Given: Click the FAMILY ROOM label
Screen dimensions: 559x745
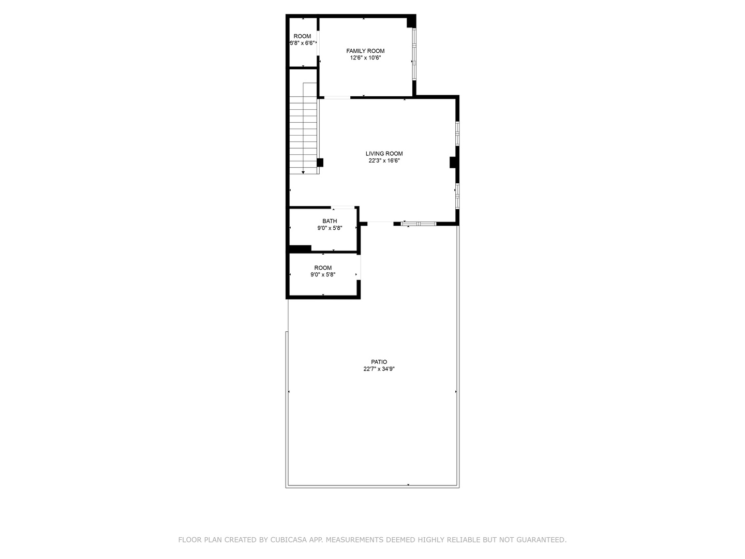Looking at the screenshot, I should (x=365, y=51).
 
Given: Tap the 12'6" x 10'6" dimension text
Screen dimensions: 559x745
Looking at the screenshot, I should (x=365, y=58).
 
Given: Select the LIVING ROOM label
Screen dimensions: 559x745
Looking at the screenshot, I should (x=384, y=154).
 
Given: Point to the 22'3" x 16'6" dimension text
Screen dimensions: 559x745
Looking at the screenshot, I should (x=384, y=161).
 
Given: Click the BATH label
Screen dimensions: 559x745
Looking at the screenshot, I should (x=330, y=221).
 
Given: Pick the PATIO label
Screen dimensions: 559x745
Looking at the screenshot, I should (x=379, y=362).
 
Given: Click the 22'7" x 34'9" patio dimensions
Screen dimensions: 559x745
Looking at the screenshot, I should (x=379, y=369).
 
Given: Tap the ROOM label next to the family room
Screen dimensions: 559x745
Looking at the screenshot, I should (x=302, y=36).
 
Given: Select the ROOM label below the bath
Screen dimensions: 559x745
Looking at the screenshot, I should (x=323, y=268).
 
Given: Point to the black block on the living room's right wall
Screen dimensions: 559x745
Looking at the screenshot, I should (x=453, y=163).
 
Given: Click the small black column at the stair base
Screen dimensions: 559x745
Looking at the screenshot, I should (x=320, y=163).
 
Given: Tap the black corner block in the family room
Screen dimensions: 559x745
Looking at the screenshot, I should (x=411, y=22).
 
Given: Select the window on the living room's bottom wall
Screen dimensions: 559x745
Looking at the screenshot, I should (x=419, y=224).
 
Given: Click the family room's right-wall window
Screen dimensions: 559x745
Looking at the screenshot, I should (x=414, y=54).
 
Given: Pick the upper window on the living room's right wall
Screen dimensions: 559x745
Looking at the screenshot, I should (x=457, y=134).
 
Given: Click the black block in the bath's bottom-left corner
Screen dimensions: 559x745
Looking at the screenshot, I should (x=300, y=249).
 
